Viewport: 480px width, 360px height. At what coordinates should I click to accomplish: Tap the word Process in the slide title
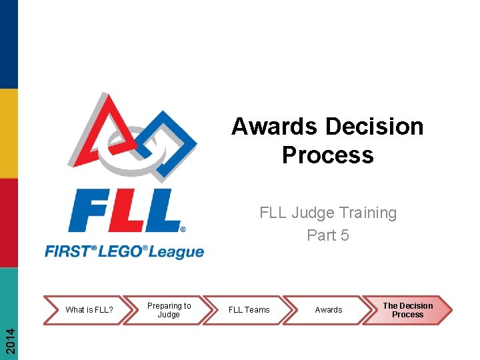pyautogui.click(x=327, y=155)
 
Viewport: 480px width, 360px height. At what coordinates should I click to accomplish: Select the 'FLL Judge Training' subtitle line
pyautogui.click(x=327, y=213)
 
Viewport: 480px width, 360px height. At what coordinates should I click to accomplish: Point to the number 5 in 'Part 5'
pyautogui.click(x=344, y=235)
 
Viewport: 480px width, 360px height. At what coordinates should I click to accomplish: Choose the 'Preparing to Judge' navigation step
pyautogui.click(x=169, y=310)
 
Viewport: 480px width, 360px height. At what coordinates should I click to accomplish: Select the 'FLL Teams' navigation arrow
pyautogui.click(x=249, y=310)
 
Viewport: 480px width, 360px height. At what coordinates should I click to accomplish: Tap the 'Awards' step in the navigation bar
pyautogui.click(x=328, y=310)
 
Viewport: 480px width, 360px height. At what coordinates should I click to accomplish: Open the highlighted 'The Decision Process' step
pyautogui.click(x=407, y=310)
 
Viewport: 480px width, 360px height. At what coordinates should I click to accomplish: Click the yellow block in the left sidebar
pyautogui.click(x=9, y=133)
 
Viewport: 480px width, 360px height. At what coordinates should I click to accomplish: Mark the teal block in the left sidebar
pyautogui.click(x=9, y=293)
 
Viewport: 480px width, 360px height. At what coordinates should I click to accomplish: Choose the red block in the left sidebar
pyautogui.click(x=9, y=223)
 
